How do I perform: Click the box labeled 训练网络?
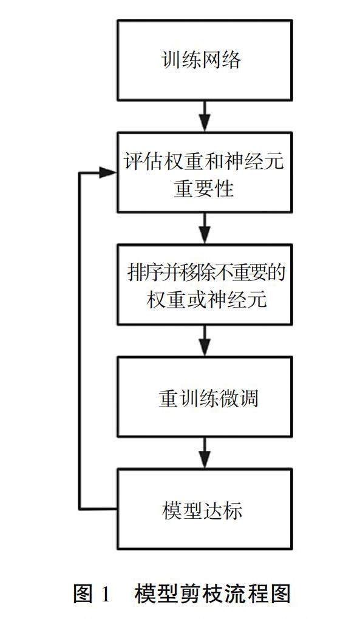pos(205,60)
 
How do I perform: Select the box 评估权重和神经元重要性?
pos(205,172)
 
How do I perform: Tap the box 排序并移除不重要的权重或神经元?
pos(205,284)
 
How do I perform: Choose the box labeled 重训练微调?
pos(205,397)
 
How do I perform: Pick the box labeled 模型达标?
pos(205,509)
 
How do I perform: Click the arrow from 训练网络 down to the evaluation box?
pos(205,116)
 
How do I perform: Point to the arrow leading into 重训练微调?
pos(205,340)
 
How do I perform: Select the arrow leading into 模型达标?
pos(205,453)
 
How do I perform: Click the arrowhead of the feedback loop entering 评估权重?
pos(107,172)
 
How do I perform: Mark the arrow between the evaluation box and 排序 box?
pos(205,229)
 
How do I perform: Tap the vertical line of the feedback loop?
pos(80,340)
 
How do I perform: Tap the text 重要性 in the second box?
pos(204,188)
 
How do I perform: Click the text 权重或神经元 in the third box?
pos(207,300)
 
